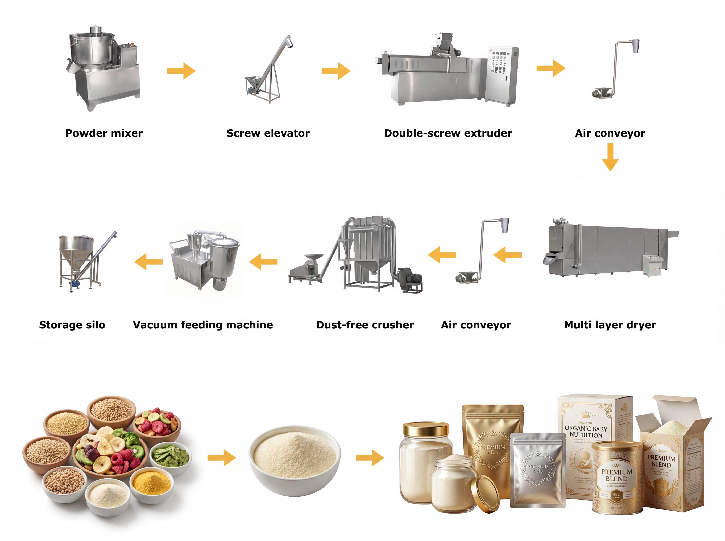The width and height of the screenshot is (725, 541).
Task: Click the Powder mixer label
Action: point(104,133)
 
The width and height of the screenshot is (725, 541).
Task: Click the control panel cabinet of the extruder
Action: point(501,75)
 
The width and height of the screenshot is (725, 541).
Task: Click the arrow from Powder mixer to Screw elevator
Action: point(181,71)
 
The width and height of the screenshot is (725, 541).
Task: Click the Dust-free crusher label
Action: point(365,325)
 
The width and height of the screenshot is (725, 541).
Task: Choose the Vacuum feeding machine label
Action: point(203,325)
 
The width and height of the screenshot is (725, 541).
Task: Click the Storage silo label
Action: point(72,325)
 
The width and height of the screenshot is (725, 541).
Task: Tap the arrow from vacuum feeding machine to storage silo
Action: point(148,262)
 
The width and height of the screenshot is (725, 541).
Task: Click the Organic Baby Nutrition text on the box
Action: point(586,432)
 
